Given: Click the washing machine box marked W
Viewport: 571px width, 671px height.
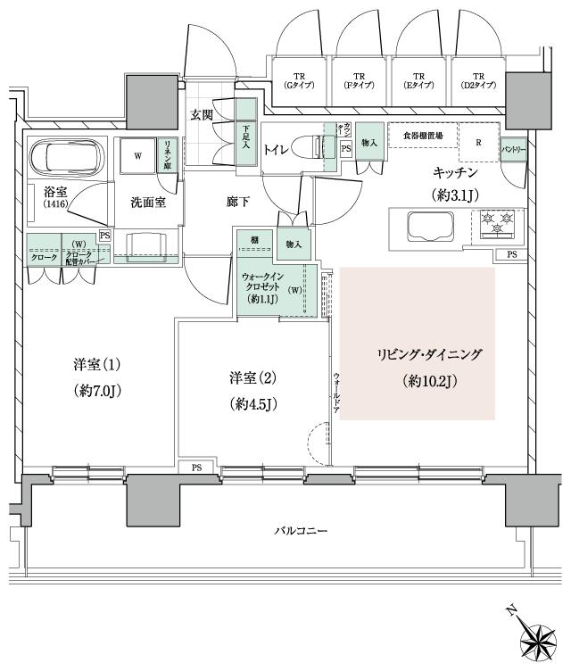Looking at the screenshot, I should click(x=137, y=155).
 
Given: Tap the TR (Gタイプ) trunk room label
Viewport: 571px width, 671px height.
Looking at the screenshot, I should click(x=298, y=81).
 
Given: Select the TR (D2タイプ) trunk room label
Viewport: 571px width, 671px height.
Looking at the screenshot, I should click(x=478, y=81).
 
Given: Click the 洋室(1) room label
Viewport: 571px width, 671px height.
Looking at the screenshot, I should click(x=97, y=365).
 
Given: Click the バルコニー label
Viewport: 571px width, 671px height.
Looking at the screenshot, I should click(x=300, y=532).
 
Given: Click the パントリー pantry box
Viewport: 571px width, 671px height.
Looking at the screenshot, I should click(x=512, y=149).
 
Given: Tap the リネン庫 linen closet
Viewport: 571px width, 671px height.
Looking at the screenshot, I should click(x=168, y=155).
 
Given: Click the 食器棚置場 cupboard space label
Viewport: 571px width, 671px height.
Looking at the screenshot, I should click(x=421, y=135).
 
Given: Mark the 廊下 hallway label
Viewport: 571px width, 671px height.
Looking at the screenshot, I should click(x=237, y=201).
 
